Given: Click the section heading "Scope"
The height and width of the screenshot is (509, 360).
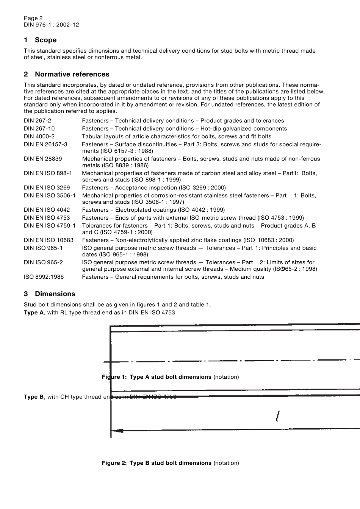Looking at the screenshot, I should [x=45, y=40].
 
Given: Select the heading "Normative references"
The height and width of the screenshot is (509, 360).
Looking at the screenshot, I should [x=72, y=74].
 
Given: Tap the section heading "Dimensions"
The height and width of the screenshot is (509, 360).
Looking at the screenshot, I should [x=55, y=294].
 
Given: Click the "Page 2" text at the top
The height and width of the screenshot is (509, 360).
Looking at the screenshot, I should [x=33, y=18].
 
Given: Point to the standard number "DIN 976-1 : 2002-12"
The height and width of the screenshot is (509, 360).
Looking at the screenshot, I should [x=52, y=25].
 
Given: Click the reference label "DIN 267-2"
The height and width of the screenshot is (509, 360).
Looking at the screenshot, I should [x=38, y=121].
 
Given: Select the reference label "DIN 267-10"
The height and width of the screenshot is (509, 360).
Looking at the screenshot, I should [x=39, y=129].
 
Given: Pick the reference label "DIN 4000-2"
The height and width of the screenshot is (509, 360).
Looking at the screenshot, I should [x=39, y=136].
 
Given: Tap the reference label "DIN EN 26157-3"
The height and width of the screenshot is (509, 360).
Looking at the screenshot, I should [x=45, y=144].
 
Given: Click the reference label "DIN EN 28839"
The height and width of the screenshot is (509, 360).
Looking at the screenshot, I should [x=43, y=159].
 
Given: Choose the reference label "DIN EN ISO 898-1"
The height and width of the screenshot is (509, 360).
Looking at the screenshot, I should [x=48, y=173].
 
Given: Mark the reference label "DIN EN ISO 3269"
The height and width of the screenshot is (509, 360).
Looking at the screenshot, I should [x=47, y=187].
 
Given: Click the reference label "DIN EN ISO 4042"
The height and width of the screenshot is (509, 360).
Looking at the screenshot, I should [x=47, y=210].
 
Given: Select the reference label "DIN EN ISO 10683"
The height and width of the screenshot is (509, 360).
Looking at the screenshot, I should [x=49, y=240].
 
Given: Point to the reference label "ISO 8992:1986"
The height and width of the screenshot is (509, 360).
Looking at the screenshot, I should [x=44, y=277].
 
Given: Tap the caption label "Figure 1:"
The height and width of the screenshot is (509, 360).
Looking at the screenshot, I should [x=114, y=377].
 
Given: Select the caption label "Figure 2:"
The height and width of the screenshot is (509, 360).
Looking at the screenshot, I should [x=114, y=463].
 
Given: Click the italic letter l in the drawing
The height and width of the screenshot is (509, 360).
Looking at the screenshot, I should [x=278, y=417].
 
